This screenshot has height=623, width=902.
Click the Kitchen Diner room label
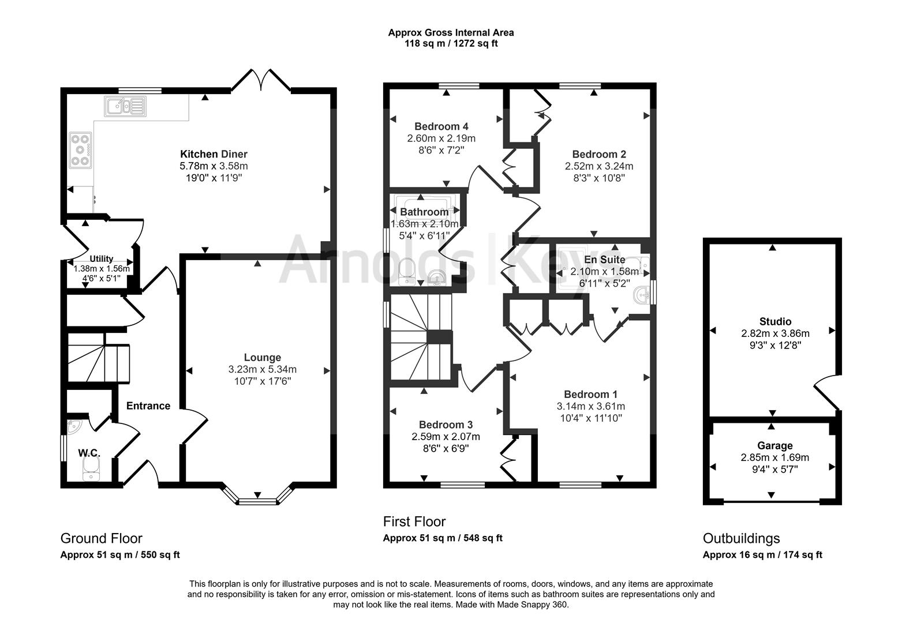tap(214, 154)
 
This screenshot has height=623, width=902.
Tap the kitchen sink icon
tap(125, 107)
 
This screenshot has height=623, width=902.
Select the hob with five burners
tap(81, 150)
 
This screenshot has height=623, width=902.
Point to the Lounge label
tap(263, 358)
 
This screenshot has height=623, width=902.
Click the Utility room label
tap(101, 259)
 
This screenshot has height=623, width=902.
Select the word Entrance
tap(148, 406)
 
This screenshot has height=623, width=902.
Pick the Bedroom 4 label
tap(441, 127)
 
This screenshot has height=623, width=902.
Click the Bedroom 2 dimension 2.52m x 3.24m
tap(599, 166)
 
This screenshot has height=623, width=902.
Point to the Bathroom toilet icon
tap(407, 272)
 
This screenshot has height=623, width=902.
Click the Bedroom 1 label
tap(591, 395)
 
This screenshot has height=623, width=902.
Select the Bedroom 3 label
tap(446, 425)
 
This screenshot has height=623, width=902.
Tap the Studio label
tap(775, 321)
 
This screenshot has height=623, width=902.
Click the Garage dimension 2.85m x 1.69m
tap(775, 457)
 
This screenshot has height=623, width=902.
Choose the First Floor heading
tap(414, 522)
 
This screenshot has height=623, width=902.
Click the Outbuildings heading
tap(742, 538)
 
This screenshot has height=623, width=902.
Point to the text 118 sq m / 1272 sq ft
tap(451, 43)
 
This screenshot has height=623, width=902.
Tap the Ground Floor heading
tap(102, 538)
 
